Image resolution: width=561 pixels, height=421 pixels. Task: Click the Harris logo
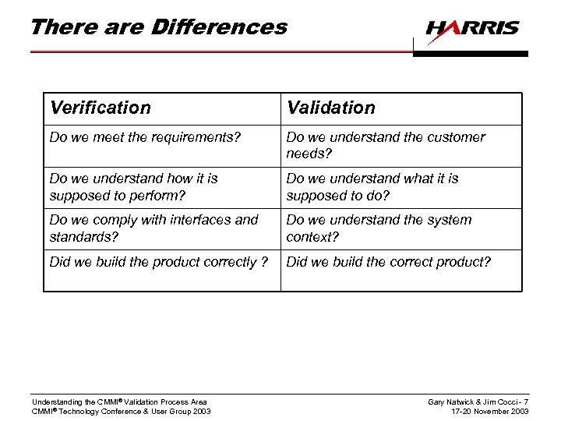pos(472,29)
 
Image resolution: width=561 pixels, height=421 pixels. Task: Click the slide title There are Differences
pos(158,27)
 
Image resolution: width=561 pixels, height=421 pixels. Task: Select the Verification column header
pos(101,108)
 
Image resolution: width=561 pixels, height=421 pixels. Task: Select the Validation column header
pos(330,108)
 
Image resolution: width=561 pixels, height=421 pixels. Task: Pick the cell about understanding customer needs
pos(386,145)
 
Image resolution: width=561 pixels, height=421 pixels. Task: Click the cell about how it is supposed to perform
pos(134,186)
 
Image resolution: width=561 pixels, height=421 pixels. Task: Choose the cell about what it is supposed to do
pos(372,186)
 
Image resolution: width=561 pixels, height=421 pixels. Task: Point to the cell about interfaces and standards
pos(153,228)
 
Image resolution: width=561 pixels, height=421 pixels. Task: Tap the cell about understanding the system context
pos(379,228)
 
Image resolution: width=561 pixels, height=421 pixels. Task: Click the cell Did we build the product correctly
pos(158,262)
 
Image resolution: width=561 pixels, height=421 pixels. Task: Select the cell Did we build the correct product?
pos(389,262)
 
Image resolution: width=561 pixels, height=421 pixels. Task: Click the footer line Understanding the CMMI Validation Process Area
pos(119,402)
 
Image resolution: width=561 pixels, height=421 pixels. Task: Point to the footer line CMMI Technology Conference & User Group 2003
pos(121,412)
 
